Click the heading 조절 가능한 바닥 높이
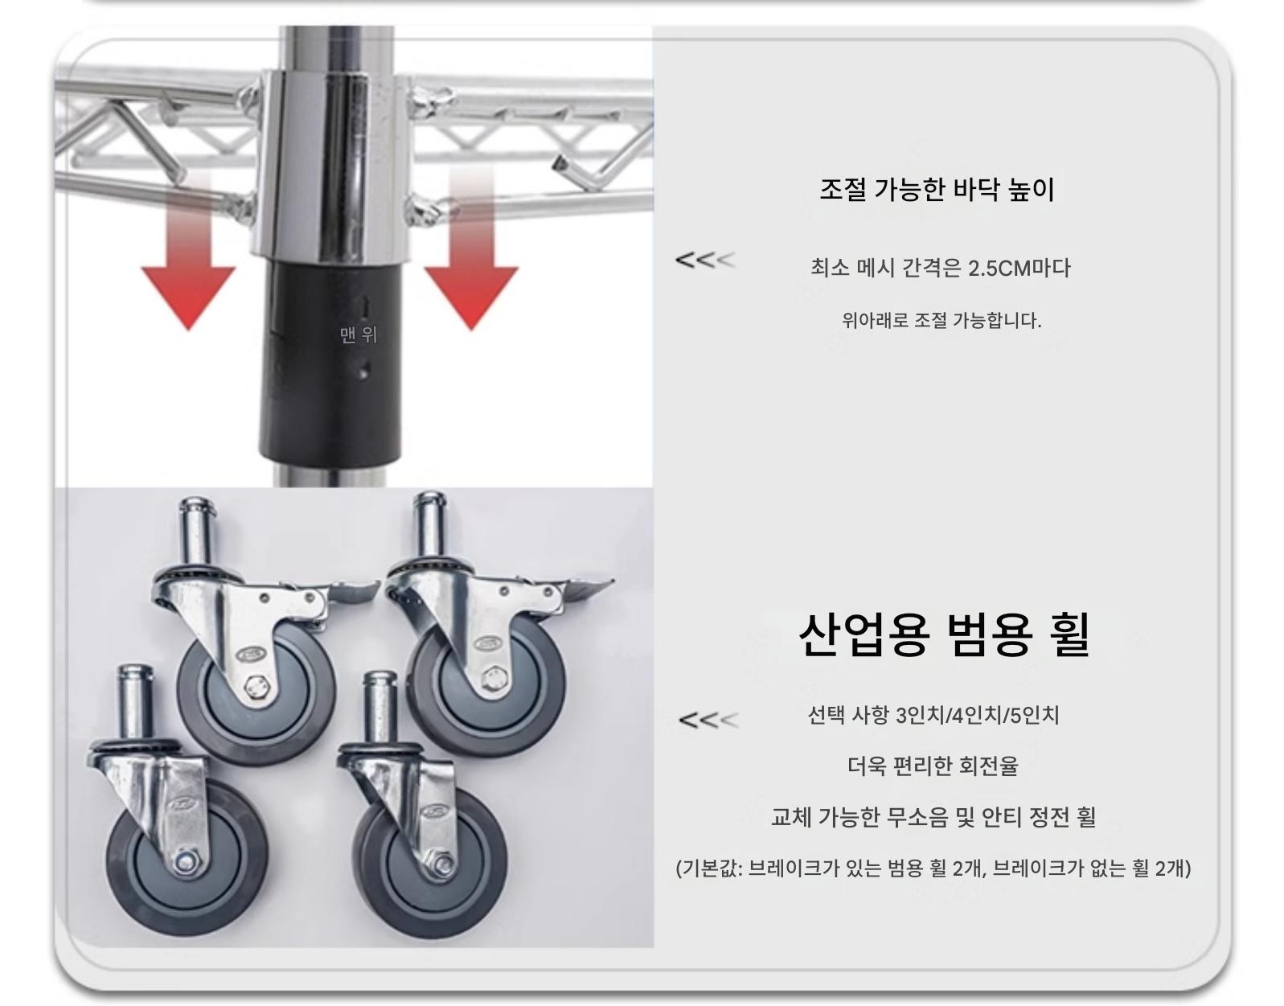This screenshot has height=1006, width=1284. (x=937, y=189)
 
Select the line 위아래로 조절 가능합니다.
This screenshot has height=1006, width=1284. (x=941, y=321)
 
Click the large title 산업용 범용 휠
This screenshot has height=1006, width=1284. (x=944, y=634)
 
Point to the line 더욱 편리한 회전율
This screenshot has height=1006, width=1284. (x=933, y=766)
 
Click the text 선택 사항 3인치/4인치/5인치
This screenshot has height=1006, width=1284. (x=933, y=716)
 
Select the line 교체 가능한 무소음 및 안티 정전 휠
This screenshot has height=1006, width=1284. (x=933, y=817)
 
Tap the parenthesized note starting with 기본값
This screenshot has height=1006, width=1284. (x=933, y=868)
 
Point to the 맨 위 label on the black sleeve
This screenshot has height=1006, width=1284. (x=358, y=335)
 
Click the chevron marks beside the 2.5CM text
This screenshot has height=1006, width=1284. (x=706, y=260)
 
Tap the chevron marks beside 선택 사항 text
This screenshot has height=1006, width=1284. (x=708, y=720)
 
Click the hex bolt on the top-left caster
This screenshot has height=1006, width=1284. (x=257, y=688)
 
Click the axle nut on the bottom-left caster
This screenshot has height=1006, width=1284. (x=187, y=863)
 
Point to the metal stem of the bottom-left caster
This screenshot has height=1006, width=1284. (x=135, y=703)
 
